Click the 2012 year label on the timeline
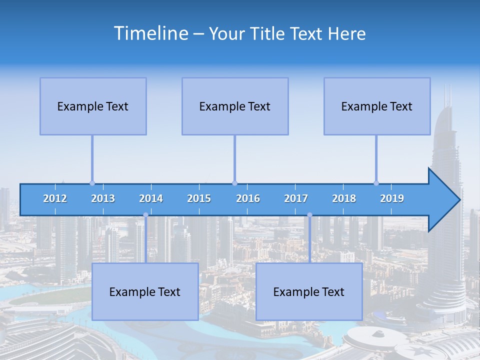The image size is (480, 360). coord(55,198)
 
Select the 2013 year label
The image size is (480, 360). coord(103,198)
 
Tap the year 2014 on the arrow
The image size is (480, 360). coord(151,198)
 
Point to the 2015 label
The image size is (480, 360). coord(199,198)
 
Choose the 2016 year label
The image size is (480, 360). coord(248,198)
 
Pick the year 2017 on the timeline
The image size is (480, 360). coord(296,198)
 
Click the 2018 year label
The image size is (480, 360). coord(344,198)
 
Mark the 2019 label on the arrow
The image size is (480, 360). coord(392,198)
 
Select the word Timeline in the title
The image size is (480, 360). coord(150,33)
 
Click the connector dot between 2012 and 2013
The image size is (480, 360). coord(92,183)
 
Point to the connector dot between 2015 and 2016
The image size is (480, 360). coord(234,183)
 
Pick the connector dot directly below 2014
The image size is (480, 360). coord(145,215)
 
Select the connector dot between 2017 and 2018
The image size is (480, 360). coord(309,215)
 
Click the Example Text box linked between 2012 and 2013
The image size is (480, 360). coord(93,106)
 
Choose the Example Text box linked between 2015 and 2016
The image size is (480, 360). coord(235,106)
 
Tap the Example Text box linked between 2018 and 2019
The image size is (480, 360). coord(377,106)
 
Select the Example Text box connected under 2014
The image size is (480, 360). coord(145,291)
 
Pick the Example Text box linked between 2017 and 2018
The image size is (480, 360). coord(309,291)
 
